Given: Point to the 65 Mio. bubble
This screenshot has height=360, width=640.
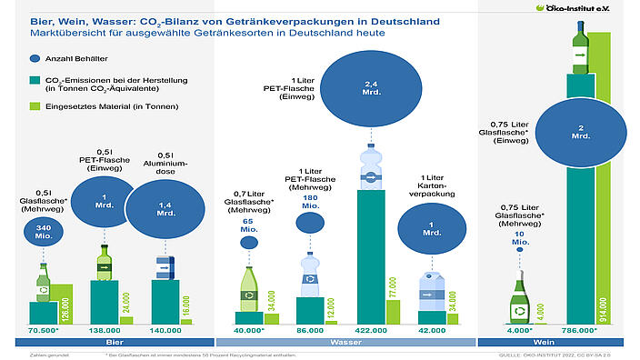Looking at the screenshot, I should (247, 241).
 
